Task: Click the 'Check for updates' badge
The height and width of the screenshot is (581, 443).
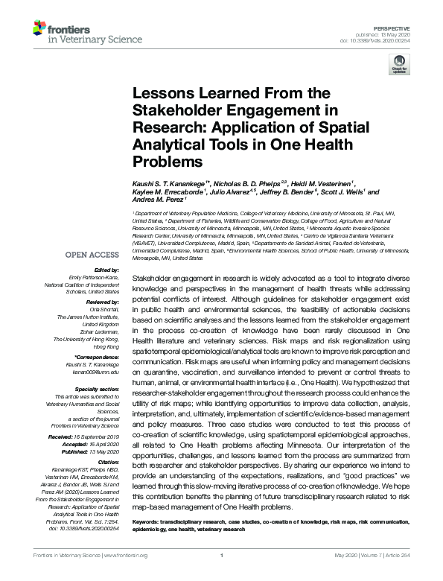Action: (399, 66)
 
